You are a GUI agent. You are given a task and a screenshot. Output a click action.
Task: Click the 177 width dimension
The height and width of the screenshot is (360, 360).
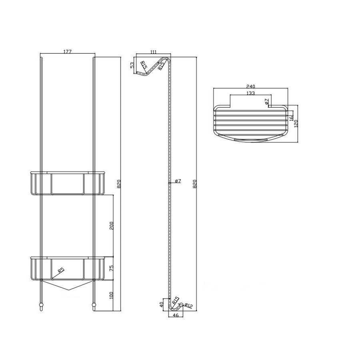[x=68, y=51]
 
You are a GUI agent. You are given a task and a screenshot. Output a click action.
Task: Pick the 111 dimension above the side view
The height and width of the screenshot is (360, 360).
[x=152, y=51]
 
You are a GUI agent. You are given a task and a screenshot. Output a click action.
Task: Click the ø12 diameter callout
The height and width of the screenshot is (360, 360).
[x=189, y=306]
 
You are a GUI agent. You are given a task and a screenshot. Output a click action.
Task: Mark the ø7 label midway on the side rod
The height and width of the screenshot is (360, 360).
[x=178, y=181]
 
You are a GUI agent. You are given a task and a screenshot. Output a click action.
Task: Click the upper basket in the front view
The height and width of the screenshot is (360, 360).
[x=68, y=184]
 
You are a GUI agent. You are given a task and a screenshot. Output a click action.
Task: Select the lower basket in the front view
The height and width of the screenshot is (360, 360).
[x=68, y=268]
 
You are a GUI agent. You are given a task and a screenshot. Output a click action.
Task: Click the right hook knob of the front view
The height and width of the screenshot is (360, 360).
[x=94, y=308]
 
